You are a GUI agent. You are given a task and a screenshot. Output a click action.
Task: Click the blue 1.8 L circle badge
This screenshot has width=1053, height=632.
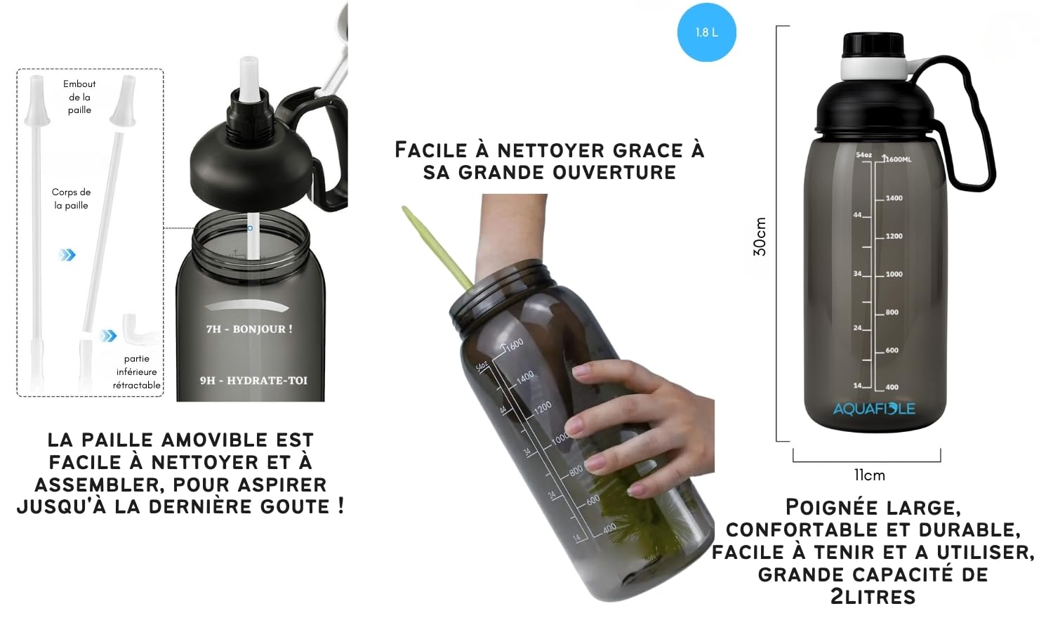[x=706, y=32]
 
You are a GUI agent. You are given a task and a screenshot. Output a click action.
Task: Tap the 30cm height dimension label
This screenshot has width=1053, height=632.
[x=760, y=237]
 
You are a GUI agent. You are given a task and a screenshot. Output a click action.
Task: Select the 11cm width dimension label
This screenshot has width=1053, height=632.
[x=869, y=475]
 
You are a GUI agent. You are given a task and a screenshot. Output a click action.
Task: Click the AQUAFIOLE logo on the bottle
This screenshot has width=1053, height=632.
[x=874, y=409]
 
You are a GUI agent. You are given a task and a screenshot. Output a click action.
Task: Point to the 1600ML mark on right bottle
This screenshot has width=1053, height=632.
[x=897, y=159]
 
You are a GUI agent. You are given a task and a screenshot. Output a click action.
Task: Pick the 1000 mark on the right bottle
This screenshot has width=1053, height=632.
[x=894, y=274]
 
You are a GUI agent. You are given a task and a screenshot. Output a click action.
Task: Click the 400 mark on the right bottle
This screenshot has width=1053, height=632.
[x=892, y=387]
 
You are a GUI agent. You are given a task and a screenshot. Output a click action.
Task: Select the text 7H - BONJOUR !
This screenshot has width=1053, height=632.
[x=249, y=329]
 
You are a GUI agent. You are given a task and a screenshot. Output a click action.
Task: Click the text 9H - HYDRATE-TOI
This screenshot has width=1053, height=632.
[x=253, y=381]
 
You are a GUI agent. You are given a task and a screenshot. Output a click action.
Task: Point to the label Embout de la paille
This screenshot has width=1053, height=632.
[x=79, y=97]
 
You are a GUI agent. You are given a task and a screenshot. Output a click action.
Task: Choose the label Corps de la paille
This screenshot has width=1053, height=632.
[x=71, y=199]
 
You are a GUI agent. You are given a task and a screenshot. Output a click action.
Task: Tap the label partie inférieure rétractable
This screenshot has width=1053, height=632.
[x=136, y=372]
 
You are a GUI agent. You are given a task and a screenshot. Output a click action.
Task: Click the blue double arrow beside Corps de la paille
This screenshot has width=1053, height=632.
[x=67, y=254]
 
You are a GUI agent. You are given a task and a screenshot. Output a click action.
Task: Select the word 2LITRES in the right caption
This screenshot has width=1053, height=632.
[x=873, y=598]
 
